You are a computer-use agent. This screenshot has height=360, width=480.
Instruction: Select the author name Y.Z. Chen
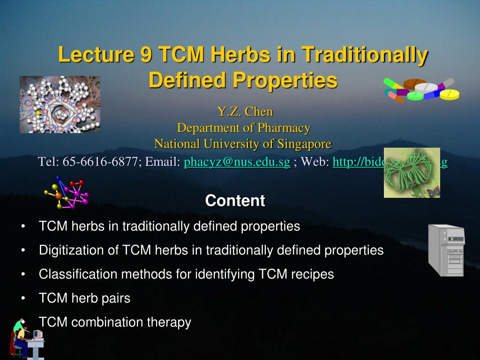click(x=244, y=112)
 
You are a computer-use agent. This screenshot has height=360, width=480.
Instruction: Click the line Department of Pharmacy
click(x=243, y=127)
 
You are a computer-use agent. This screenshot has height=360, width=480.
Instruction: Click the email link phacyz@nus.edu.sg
click(x=237, y=162)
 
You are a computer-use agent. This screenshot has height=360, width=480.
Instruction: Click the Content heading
click(x=235, y=201)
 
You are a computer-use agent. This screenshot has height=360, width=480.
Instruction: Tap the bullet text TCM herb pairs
click(x=84, y=298)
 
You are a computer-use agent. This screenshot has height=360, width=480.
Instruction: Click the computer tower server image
click(x=447, y=250)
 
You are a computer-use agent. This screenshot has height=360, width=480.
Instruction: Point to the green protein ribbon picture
click(x=412, y=172)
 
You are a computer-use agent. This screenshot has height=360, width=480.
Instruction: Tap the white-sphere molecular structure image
click(x=60, y=105)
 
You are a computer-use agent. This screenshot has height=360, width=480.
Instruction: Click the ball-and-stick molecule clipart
click(x=67, y=193)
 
